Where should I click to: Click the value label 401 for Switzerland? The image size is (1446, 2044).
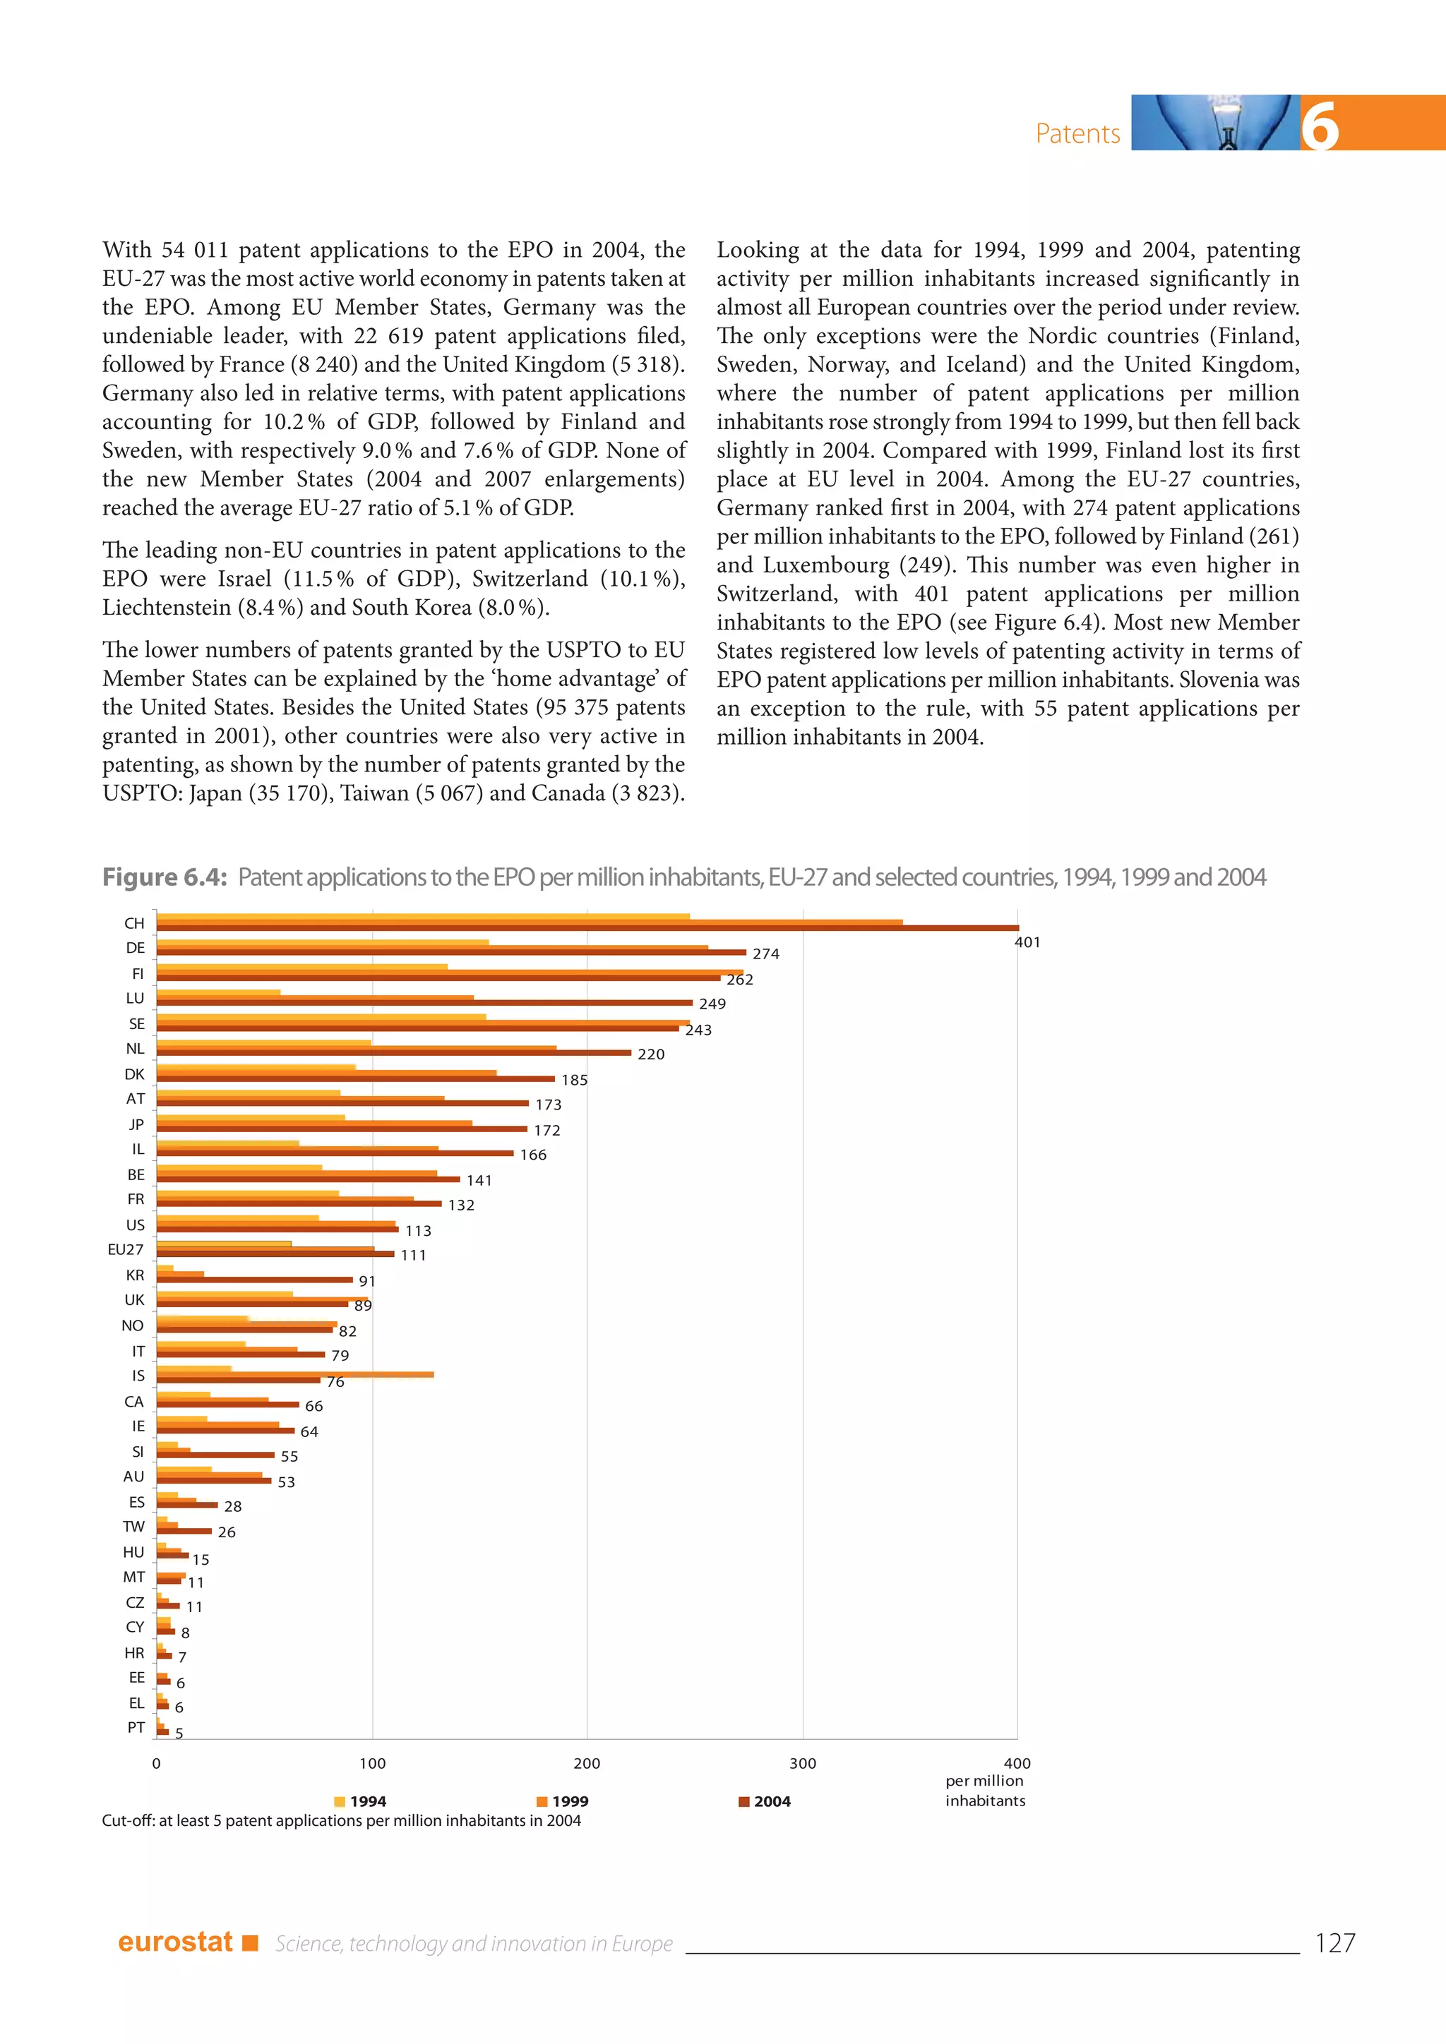(x=1027, y=942)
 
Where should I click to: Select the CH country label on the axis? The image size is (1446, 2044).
(x=134, y=923)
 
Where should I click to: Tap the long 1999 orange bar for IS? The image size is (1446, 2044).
(x=356, y=1374)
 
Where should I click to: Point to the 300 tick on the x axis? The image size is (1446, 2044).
(x=802, y=1762)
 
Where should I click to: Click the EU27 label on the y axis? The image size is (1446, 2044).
(x=126, y=1249)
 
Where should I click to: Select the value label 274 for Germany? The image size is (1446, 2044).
(x=766, y=954)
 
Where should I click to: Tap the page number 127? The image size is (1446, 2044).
(x=1334, y=1942)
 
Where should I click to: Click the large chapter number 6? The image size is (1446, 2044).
(x=1319, y=126)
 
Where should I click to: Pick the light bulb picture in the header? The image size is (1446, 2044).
(x=1215, y=123)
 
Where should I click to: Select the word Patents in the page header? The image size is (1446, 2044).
(x=1077, y=133)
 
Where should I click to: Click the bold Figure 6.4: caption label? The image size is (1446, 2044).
(x=165, y=877)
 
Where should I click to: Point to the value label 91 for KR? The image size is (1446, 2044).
(x=367, y=1281)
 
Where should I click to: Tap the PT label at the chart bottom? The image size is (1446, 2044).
(x=136, y=1727)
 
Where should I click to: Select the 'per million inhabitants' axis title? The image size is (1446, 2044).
(x=985, y=1791)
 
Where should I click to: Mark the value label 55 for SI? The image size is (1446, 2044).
(x=289, y=1457)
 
